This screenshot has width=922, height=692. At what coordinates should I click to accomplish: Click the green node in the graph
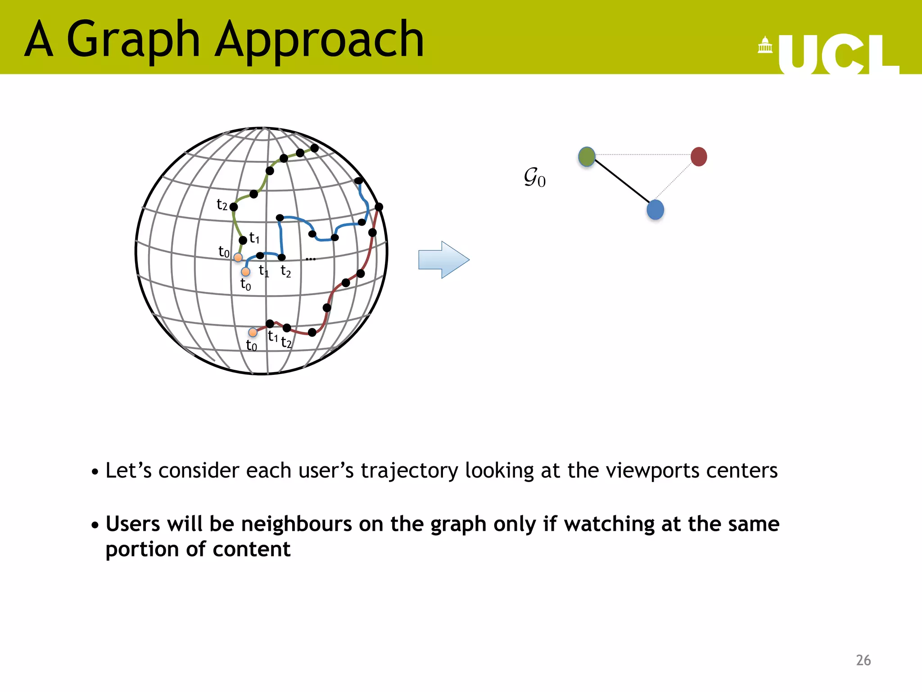pos(587,157)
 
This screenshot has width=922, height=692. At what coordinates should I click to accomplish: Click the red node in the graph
pos(699,157)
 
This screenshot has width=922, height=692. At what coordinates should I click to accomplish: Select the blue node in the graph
pos(655,210)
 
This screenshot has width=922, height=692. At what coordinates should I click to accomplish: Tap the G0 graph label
pos(534,177)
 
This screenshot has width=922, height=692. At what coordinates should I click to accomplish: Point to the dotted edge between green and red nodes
pos(643,155)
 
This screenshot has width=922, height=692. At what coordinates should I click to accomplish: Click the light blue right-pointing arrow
pos(443,259)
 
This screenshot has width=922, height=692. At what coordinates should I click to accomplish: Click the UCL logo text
pos(837,54)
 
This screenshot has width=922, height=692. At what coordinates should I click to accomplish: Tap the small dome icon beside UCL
pos(765,46)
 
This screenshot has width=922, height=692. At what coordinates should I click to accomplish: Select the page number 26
pos(863,660)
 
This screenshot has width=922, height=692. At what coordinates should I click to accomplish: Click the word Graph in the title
pos(133,41)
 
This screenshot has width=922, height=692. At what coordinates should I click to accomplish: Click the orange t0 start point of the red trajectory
pos(253,332)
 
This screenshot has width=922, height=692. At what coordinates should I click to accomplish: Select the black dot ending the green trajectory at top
pos(315,148)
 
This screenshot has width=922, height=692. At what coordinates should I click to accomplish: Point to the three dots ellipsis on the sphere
pos(310,259)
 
